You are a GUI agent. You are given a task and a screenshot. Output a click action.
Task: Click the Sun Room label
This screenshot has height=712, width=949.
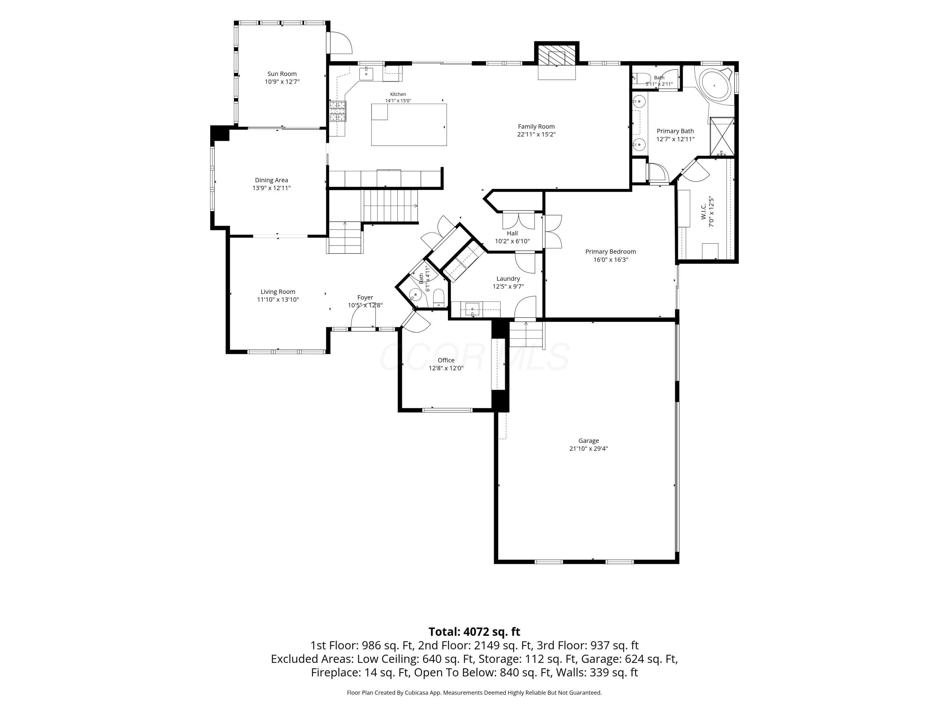pos(282,74)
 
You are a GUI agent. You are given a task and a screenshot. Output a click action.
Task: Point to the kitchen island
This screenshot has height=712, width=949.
pos(409,124)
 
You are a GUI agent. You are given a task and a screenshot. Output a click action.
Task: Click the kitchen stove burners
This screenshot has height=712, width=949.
pos(338,111)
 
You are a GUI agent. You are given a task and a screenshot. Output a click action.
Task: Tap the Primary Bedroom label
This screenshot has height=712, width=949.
pos(611,252)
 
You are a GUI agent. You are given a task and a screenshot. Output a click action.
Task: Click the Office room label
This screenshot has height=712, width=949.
pos(446,360)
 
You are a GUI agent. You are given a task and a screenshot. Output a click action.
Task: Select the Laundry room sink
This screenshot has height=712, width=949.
pos(472,309)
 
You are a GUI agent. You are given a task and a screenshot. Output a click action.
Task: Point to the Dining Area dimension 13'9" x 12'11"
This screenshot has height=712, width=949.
pos(271,188)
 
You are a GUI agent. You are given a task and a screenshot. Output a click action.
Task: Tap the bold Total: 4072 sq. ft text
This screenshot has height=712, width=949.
pos(474,632)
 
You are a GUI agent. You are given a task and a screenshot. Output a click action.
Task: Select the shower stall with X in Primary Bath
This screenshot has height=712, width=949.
pos(722,136)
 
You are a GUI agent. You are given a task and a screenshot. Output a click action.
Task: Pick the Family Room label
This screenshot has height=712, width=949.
pos(536,127)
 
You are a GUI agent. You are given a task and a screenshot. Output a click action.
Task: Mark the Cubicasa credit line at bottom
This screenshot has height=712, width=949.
pos(474,693)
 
